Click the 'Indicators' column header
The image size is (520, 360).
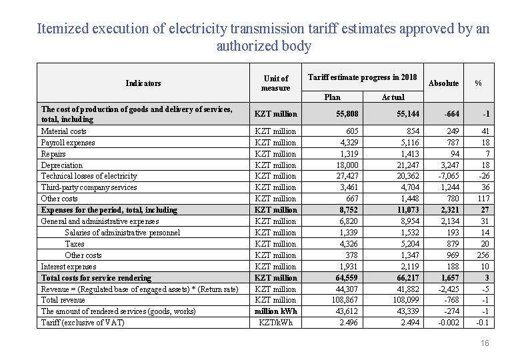143,83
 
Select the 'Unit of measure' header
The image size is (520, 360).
275,83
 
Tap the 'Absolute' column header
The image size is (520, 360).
443,83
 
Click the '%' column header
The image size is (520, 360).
478,83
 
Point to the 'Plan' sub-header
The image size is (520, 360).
332,97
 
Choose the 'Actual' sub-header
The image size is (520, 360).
393,97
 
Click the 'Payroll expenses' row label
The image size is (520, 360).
68,143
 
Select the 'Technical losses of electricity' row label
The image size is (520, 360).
89,176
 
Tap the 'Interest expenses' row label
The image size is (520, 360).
69,267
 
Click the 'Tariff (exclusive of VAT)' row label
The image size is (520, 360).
83,323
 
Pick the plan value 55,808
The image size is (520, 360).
346,114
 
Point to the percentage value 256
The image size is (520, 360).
483,255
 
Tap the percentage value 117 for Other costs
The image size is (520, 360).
483,199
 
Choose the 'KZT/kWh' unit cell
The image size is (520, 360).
275,323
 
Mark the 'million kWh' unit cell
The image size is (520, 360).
275,311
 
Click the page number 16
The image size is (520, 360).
485,343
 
